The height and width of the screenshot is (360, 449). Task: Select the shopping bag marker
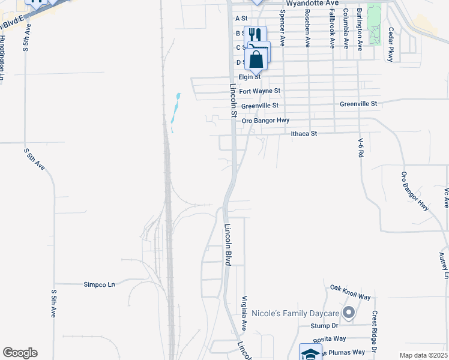(x=256, y=59)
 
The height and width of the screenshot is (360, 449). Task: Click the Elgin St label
(x=250, y=77)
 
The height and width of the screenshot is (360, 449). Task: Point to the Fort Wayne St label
(x=260, y=91)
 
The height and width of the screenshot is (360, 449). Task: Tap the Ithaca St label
(x=303, y=134)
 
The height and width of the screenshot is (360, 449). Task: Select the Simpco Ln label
(x=99, y=284)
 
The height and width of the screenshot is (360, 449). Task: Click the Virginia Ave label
(x=244, y=313)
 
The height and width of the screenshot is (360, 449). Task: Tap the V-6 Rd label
(x=361, y=148)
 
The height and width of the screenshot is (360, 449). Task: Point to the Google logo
(x=20, y=353)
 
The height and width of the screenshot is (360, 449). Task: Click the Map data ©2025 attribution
(x=423, y=355)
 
